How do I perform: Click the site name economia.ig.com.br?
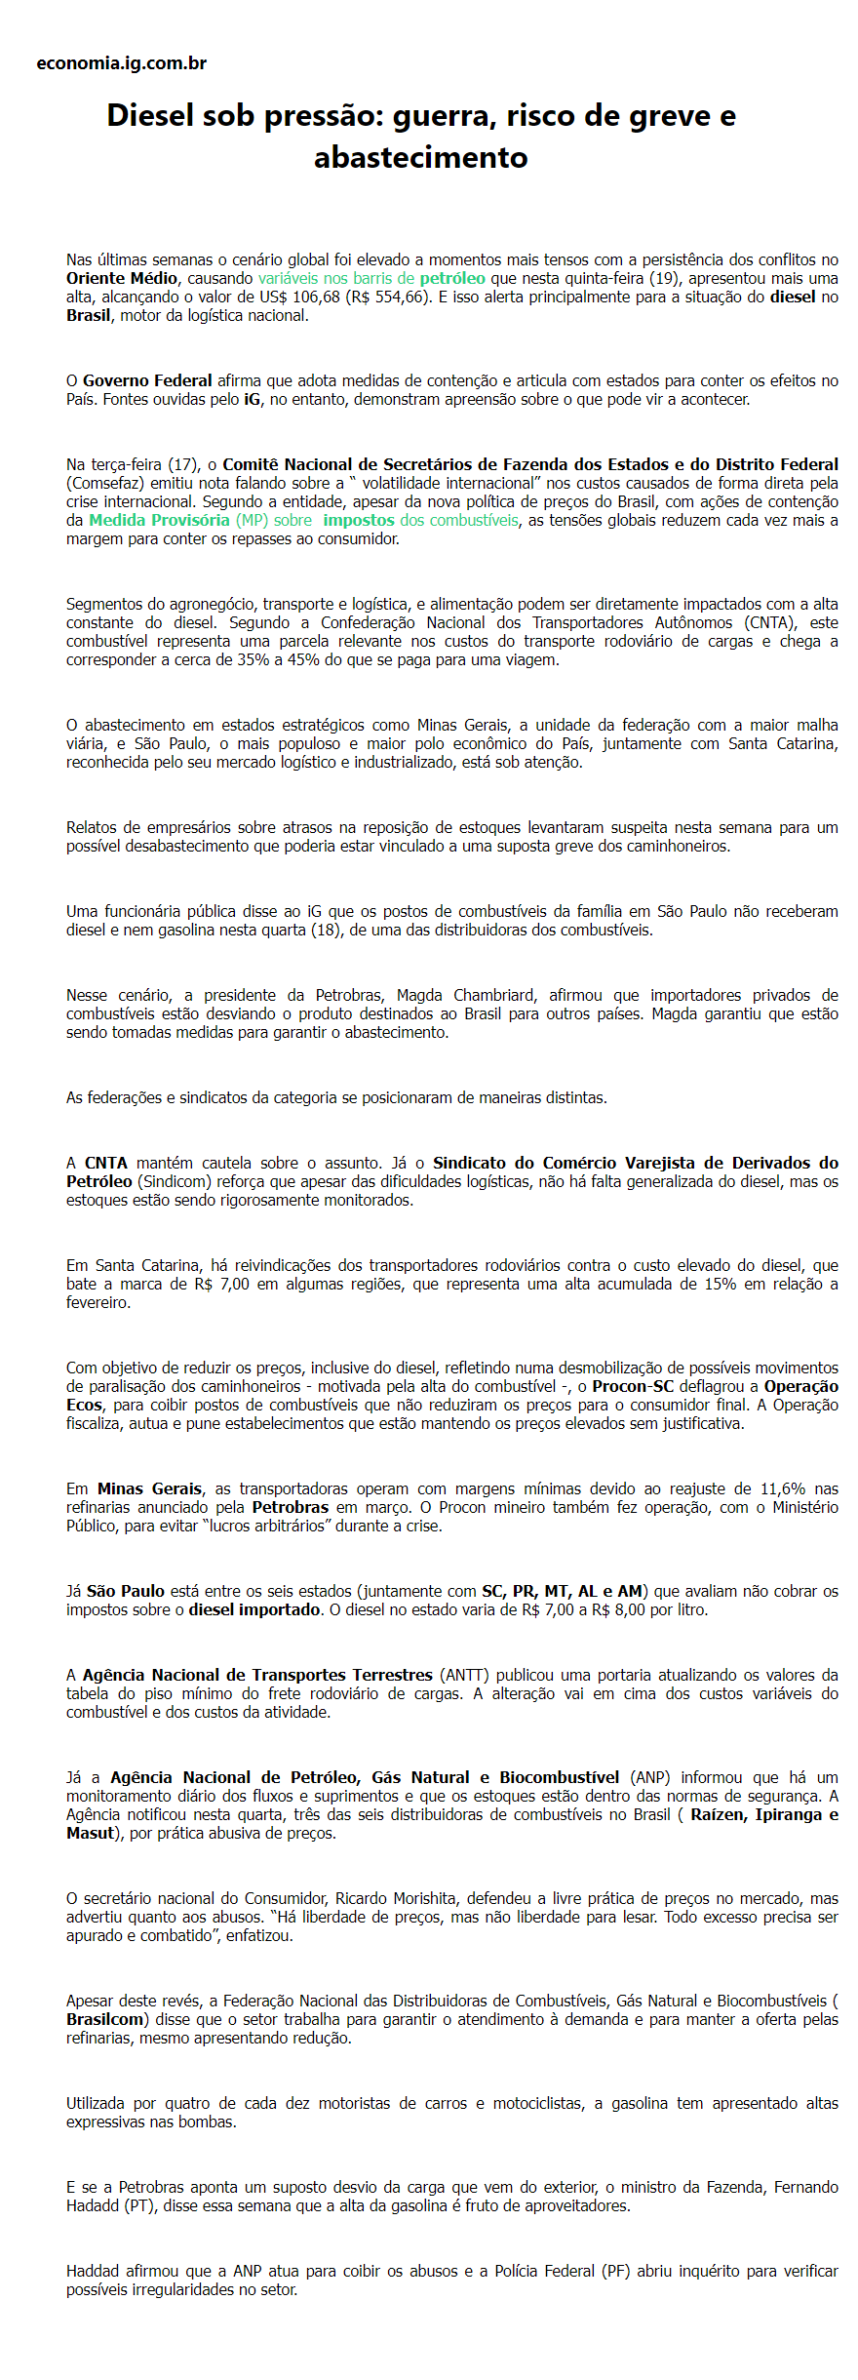(x=121, y=63)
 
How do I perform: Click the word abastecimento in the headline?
(x=421, y=157)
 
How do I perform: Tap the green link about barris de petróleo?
(x=371, y=278)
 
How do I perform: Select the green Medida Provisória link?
(x=159, y=520)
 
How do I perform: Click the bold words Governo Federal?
(x=147, y=380)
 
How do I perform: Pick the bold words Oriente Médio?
(x=122, y=278)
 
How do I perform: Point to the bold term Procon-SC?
(x=633, y=1386)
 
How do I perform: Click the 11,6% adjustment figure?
(x=783, y=1488)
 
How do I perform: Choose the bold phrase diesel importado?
(x=253, y=1609)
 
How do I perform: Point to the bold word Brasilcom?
(x=107, y=2019)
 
